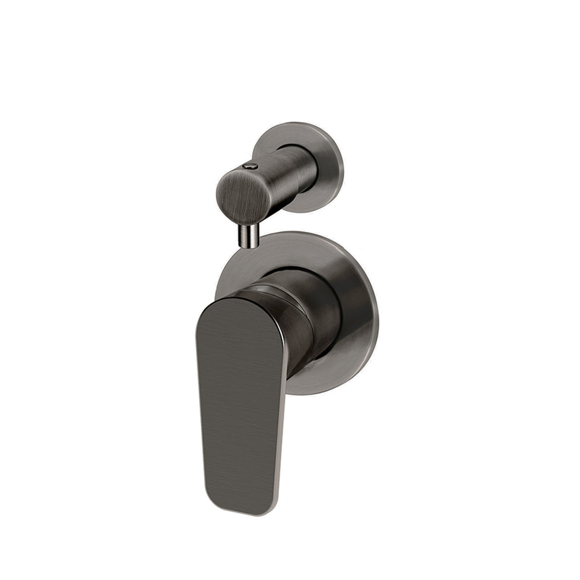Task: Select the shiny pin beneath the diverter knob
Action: tap(249, 236)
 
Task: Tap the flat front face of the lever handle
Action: tap(239, 403)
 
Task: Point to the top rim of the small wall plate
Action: tap(298, 125)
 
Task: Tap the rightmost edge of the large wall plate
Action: tap(376, 317)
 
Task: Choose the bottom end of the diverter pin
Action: tap(249, 246)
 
